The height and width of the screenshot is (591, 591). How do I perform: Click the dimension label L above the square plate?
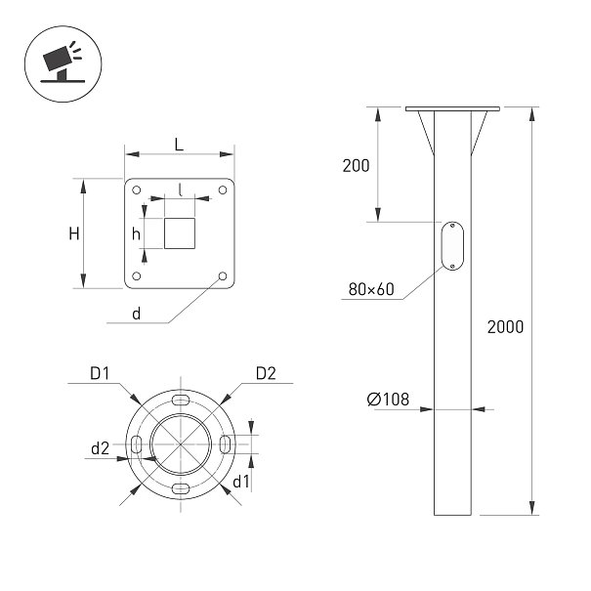(179, 145)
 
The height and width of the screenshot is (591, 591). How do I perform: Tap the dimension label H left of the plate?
(74, 233)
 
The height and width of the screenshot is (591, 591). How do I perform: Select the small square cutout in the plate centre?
(180, 233)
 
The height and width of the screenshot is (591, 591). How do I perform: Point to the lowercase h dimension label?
(136, 234)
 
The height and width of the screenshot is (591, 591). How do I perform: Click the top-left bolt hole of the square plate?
(137, 190)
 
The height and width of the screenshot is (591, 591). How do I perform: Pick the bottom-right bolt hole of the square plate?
(223, 276)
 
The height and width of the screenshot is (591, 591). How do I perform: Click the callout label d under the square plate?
(137, 314)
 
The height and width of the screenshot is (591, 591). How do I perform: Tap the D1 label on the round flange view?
(100, 373)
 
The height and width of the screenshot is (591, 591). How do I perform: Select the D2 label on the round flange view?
(266, 373)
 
